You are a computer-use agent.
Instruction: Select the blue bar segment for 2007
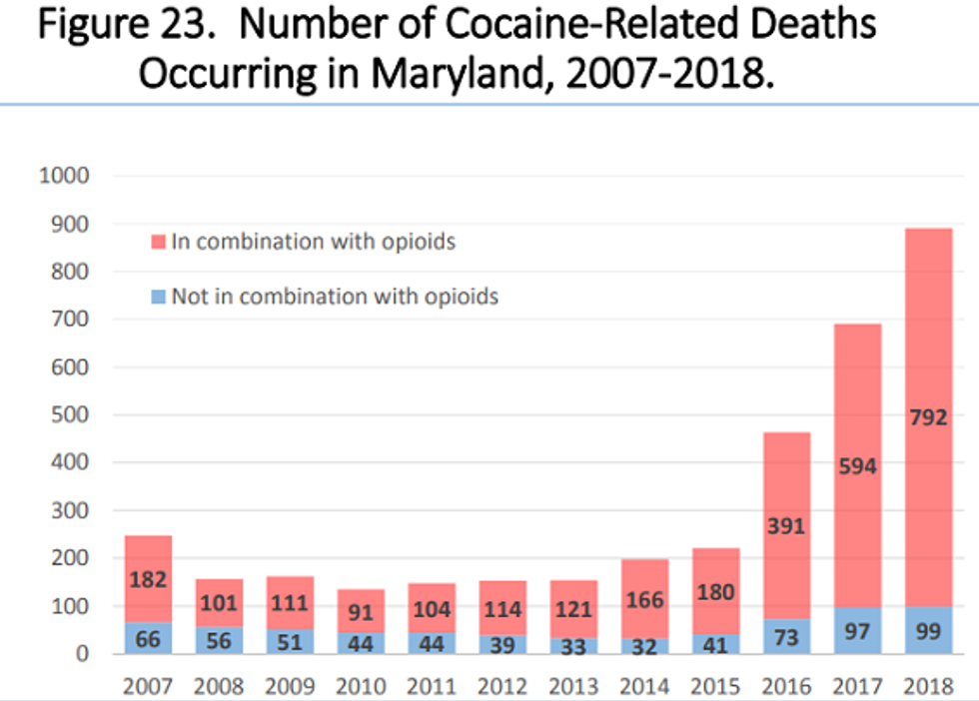(149, 637)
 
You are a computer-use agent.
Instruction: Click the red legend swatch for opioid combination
(157, 242)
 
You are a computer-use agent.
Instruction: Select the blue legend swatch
(157, 297)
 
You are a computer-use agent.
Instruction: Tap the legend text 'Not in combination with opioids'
(334, 297)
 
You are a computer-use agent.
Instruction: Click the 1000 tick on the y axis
(64, 177)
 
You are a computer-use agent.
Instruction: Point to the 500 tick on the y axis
(70, 415)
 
